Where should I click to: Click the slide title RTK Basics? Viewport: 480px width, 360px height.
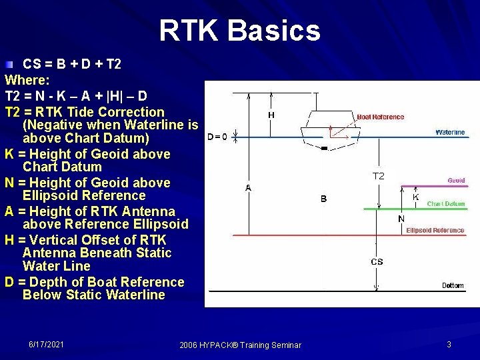coord(240,31)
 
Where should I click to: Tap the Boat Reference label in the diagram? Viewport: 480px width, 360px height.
coord(380,117)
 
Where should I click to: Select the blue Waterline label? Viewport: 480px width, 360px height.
coord(449,133)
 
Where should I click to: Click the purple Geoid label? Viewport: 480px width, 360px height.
coord(456,181)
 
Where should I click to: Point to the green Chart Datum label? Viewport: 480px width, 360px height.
coord(445,204)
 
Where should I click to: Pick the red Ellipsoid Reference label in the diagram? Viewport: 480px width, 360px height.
coord(435,231)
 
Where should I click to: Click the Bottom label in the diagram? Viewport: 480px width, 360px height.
coord(453,286)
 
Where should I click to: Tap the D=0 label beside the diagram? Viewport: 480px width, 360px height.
coord(217,137)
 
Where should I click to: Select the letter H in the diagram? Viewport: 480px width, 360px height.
coord(271,115)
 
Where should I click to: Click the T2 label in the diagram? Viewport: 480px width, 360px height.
coord(378,176)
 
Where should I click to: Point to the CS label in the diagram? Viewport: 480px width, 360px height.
coord(377,262)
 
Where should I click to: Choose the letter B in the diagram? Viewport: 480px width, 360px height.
coord(323,199)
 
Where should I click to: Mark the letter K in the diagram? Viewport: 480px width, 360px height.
coord(415,197)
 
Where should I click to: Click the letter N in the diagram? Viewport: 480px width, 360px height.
coord(401,219)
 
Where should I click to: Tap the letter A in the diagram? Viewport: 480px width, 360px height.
coord(248,189)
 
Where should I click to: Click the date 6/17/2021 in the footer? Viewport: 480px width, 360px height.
coord(47,344)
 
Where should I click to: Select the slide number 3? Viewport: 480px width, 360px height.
coord(449,344)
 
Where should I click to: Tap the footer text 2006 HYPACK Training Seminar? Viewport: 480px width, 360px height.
coord(240,345)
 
